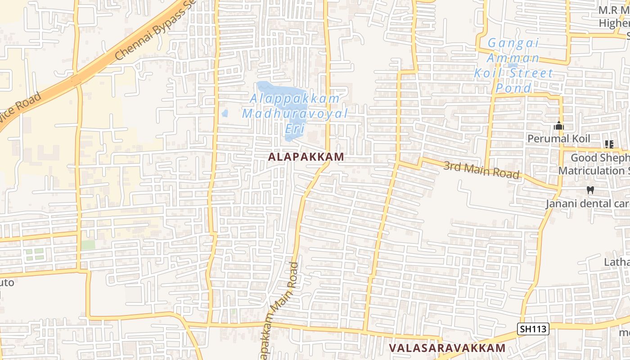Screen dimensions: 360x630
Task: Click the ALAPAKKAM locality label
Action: pyautogui.click(x=306, y=157)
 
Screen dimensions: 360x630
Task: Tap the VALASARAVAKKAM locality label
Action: pyautogui.click(x=447, y=348)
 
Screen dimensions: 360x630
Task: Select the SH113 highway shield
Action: pyautogui.click(x=533, y=329)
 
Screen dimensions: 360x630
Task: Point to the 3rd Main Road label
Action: pyautogui.click(x=481, y=170)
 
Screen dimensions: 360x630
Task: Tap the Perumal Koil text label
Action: pyautogui.click(x=558, y=139)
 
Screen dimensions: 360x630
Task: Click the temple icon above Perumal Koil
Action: pyautogui.click(x=559, y=126)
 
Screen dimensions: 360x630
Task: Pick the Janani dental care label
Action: pyautogui.click(x=587, y=203)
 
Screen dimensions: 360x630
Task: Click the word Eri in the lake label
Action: pyautogui.click(x=295, y=128)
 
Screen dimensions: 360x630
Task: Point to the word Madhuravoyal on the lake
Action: pyautogui.click(x=295, y=113)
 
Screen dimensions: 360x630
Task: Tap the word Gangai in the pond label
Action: pyautogui.click(x=513, y=43)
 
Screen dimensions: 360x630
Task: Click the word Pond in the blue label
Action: pyautogui.click(x=514, y=88)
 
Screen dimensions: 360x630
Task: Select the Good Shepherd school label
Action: pyautogui.click(x=600, y=164)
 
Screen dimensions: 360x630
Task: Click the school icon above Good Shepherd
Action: pyautogui.click(x=609, y=144)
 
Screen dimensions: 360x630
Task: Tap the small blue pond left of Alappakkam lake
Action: pyautogui.click(x=225, y=113)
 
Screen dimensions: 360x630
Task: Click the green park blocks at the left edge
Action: pyautogui.click(x=35, y=254)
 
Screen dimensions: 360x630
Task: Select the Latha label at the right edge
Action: pyautogui.click(x=617, y=262)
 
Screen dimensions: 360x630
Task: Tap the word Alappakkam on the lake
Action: pyautogui.click(x=295, y=98)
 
